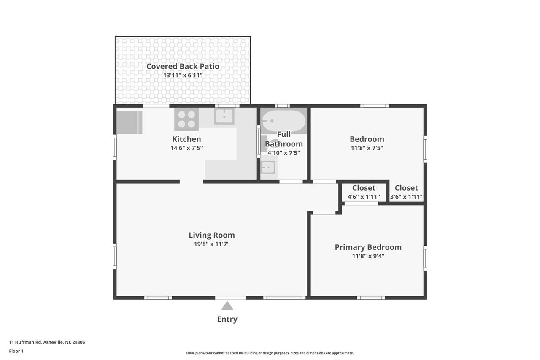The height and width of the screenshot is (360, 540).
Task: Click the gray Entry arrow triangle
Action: point(227,306)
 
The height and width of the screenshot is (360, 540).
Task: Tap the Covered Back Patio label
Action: point(183,66)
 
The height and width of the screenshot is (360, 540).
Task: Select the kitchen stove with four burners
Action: point(186,119)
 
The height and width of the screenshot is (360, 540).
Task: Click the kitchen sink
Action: point(224,116)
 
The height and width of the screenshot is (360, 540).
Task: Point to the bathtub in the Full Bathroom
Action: point(283,121)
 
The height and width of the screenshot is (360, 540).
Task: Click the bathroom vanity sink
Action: point(268,168)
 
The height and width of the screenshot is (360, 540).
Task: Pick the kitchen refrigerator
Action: point(130,122)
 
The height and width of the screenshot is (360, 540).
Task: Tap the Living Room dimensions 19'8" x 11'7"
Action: point(212,244)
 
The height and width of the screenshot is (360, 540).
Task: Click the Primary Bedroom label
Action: point(368,247)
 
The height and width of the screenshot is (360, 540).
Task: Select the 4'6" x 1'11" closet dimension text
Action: point(364,197)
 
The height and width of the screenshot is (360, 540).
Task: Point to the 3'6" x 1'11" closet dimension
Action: point(406,197)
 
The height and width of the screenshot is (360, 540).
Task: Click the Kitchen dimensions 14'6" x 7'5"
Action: point(186,148)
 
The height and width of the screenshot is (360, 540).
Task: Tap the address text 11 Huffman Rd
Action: point(25,342)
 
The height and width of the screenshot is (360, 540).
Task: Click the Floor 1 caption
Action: point(16,351)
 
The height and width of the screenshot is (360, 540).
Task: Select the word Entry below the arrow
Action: point(227,319)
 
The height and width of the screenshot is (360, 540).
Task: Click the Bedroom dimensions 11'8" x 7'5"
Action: point(367,148)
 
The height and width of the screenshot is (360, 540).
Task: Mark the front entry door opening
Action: point(230,298)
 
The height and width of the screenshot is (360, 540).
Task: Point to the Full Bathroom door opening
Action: point(291,181)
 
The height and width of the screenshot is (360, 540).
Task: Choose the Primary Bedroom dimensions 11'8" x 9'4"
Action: point(368,256)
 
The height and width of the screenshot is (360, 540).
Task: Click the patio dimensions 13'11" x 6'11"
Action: point(183,75)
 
